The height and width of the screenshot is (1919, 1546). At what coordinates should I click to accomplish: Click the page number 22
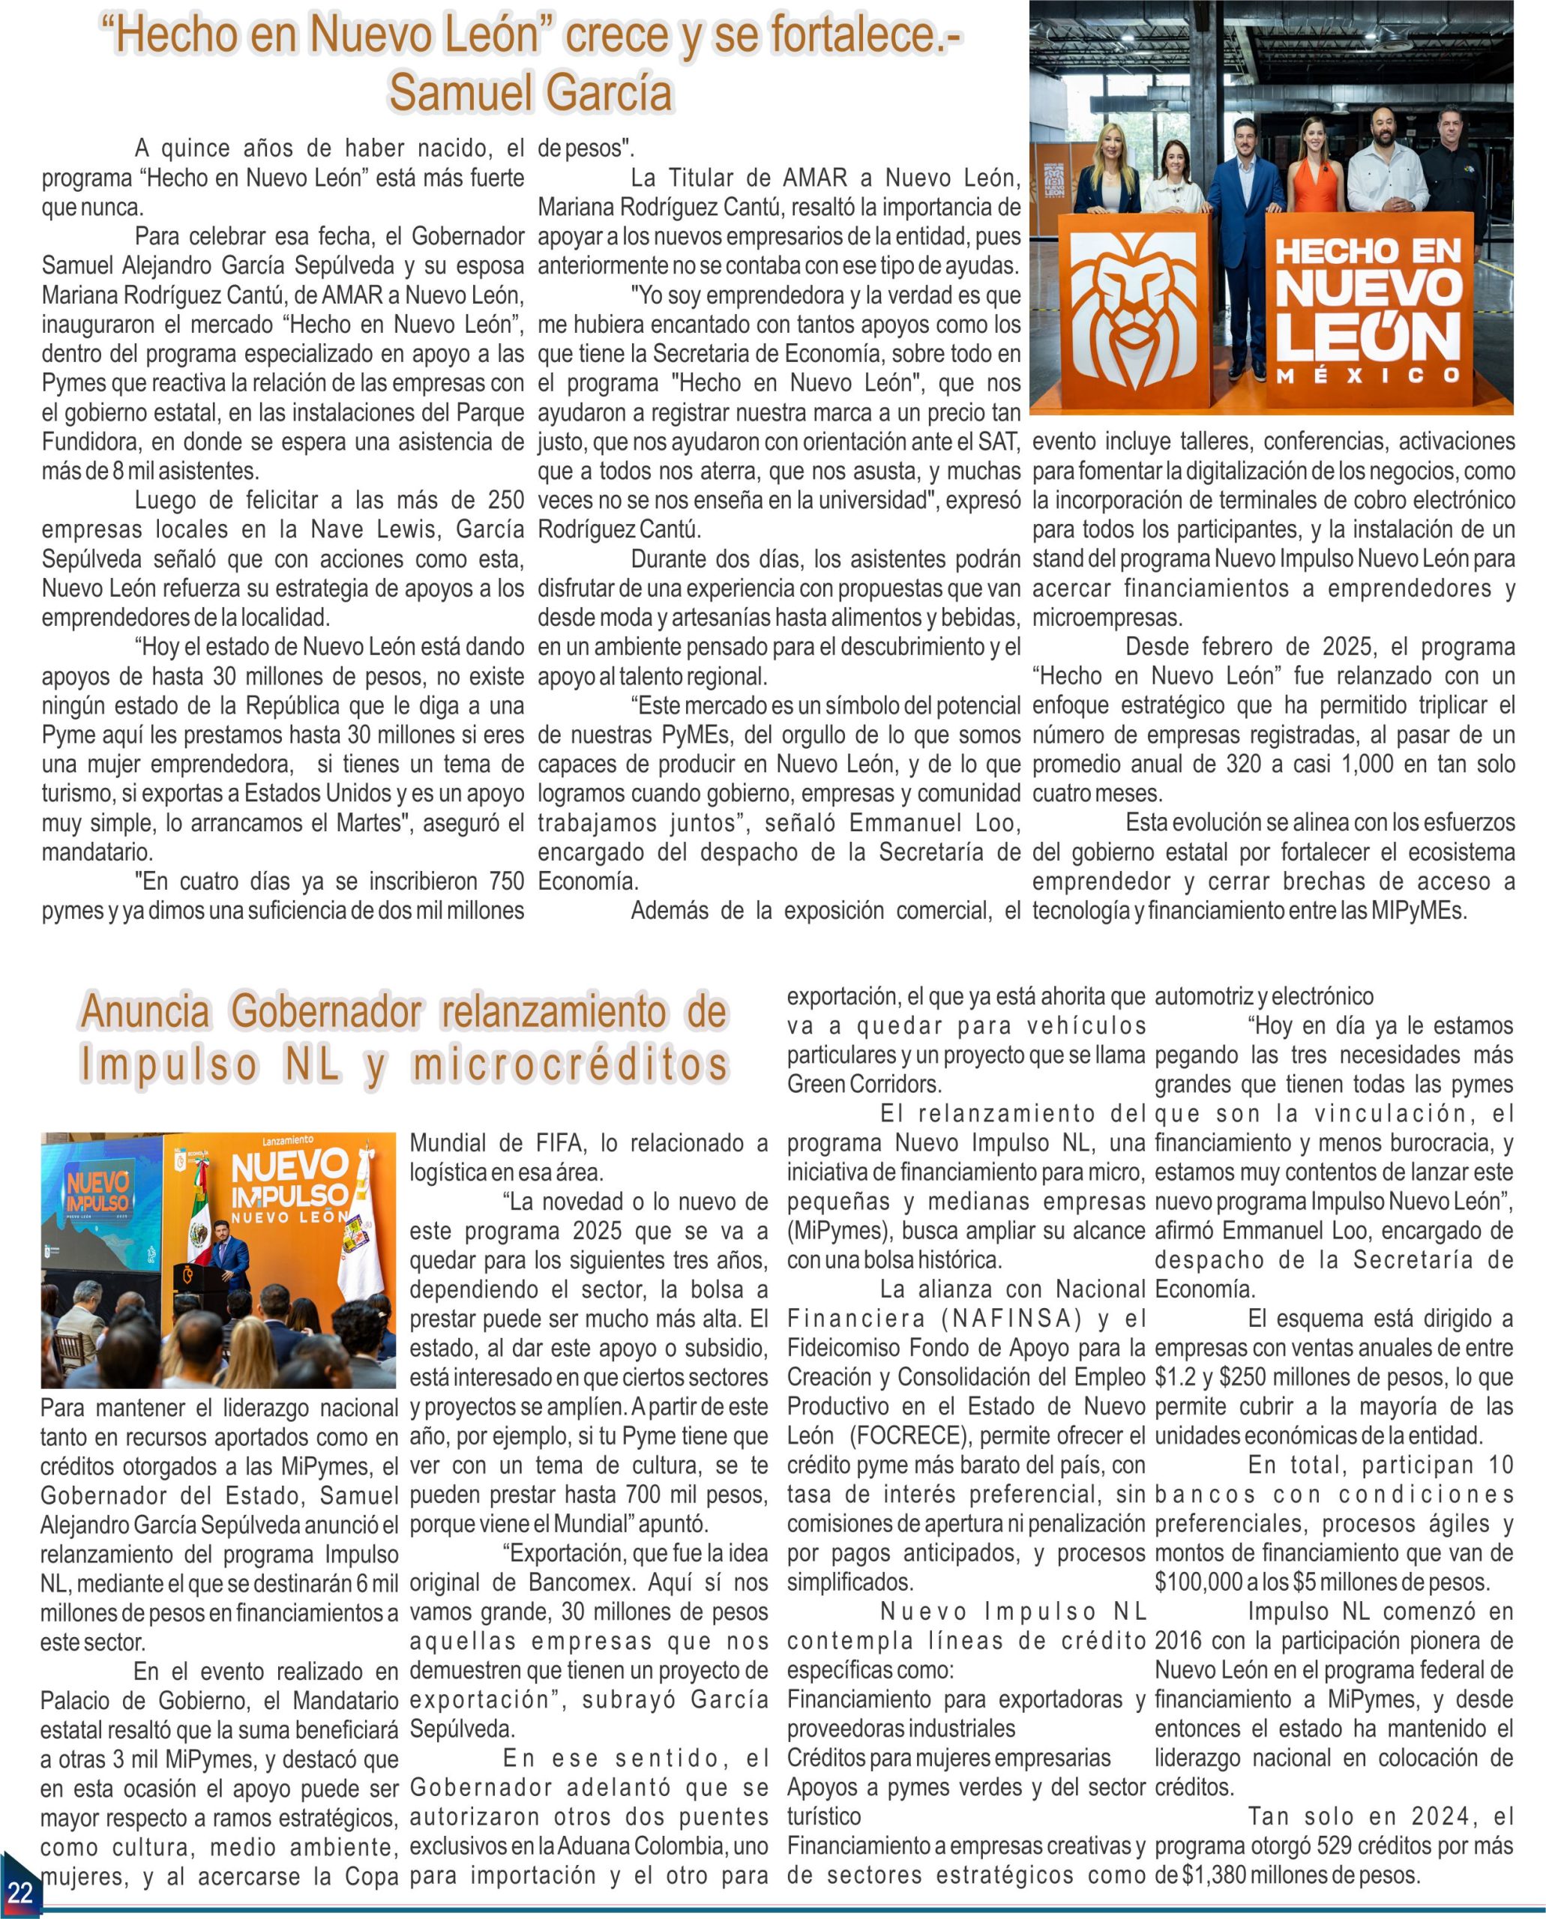[x=19, y=1891]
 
